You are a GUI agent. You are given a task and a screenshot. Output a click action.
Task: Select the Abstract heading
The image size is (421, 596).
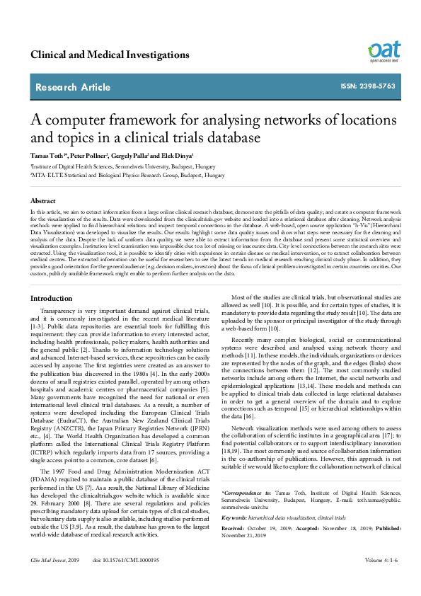click(42, 201)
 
